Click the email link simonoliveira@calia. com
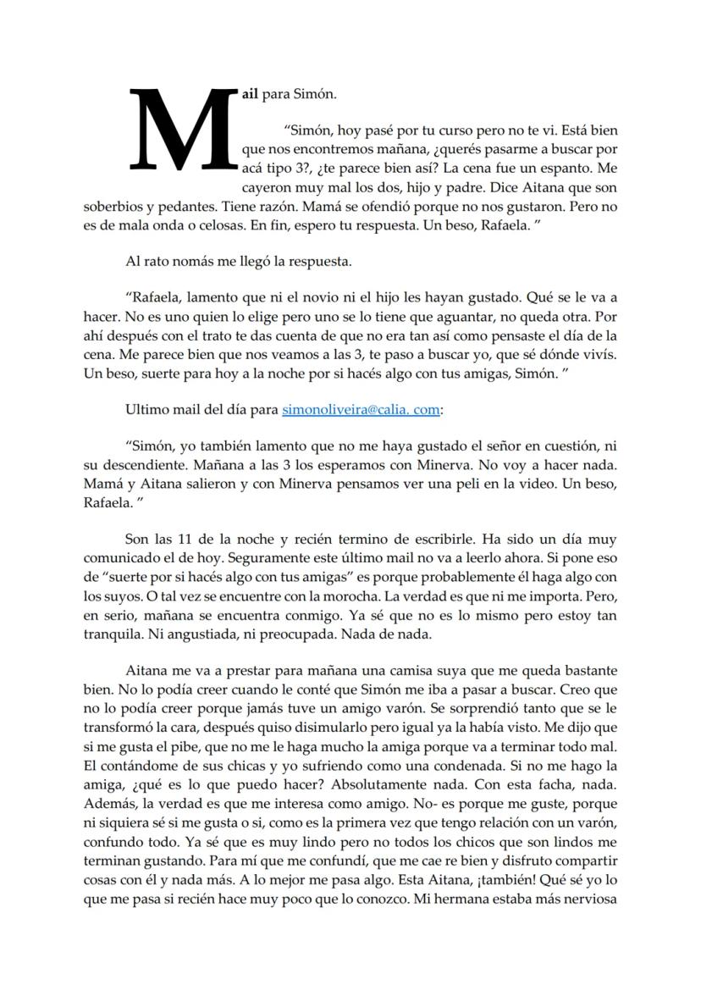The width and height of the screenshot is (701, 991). click(361, 409)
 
